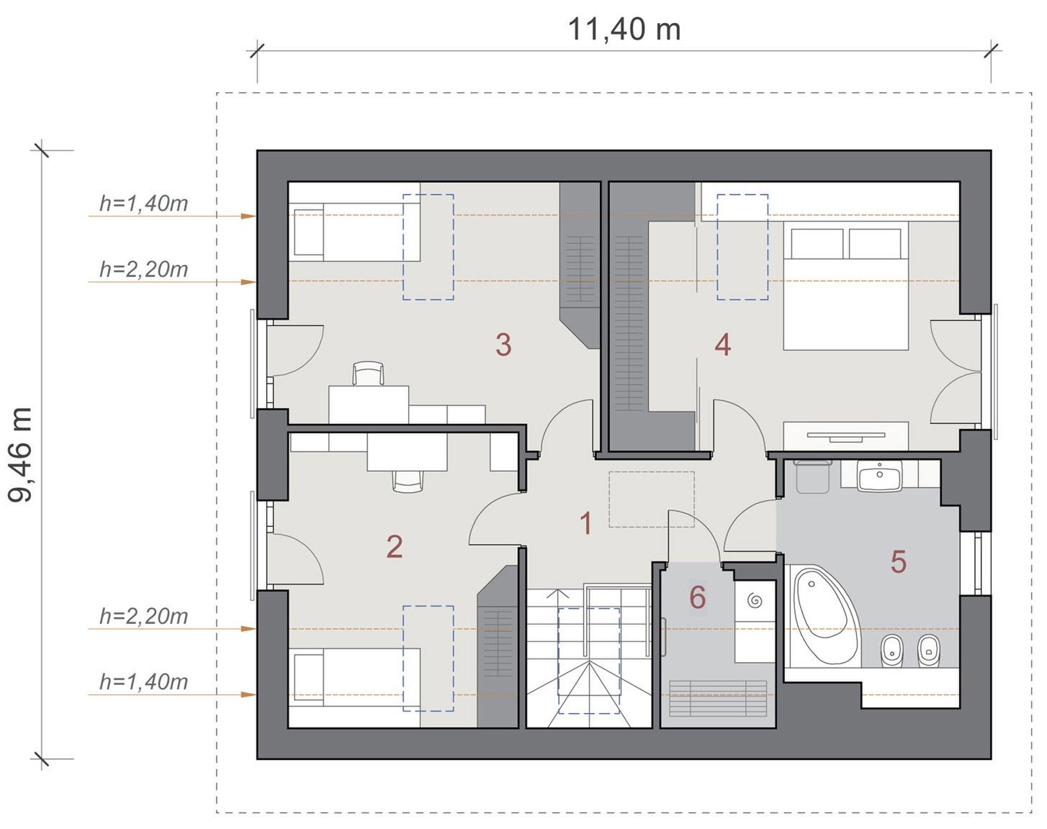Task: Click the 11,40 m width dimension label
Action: [624, 30]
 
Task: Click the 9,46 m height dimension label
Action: [20, 455]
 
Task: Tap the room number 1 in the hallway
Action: [586, 524]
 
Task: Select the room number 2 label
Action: [395, 546]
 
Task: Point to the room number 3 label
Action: [503, 345]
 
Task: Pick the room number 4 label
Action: [723, 345]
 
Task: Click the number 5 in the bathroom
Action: [899, 561]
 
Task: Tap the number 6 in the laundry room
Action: [698, 597]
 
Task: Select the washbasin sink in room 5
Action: [880, 476]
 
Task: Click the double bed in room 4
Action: [845, 286]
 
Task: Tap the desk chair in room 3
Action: [368, 373]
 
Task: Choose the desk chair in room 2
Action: [408, 481]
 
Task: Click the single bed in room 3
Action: [355, 232]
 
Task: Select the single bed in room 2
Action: [355, 677]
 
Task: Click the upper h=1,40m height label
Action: [143, 203]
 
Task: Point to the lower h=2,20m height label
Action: [143, 616]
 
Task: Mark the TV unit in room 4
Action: [845, 436]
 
